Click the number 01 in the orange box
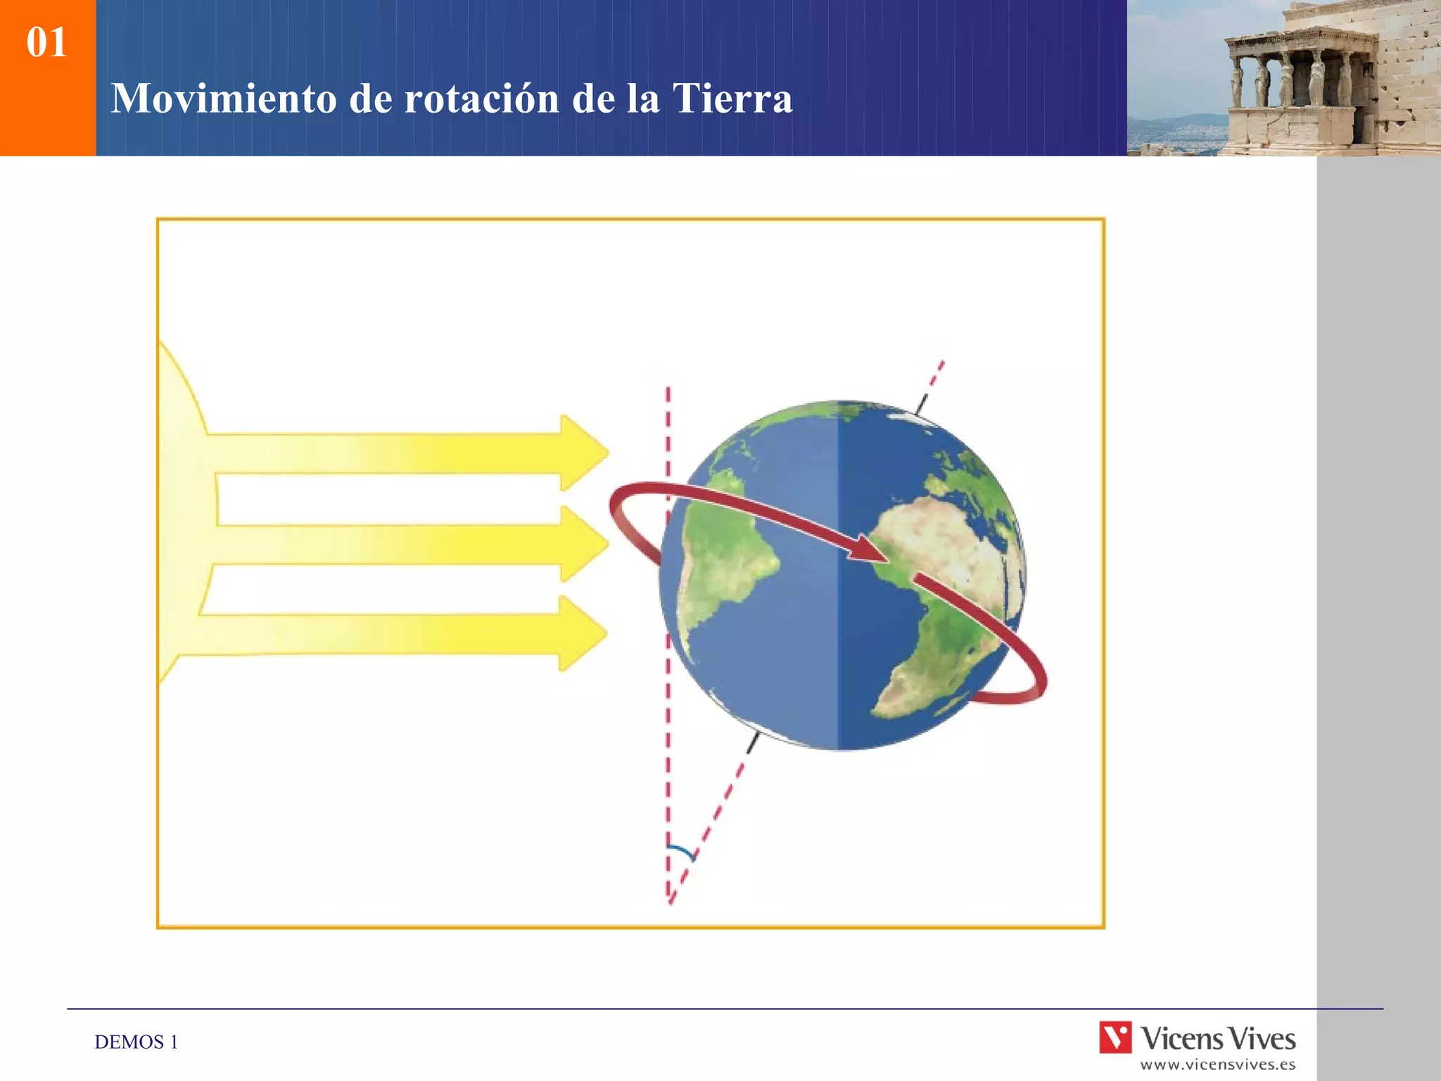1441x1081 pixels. (x=46, y=42)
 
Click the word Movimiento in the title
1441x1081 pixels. (x=224, y=98)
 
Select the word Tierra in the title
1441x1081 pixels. (x=732, y=98)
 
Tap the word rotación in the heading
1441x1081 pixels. (x=481, y=98)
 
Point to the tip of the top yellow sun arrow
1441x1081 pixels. (x=607, y=452)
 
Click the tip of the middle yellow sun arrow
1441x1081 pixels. (x=607, y=543)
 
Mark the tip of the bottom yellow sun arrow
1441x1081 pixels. (x=605, y=633)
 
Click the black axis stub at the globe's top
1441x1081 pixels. (x=922, y=403)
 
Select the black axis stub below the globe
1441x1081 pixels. (x=753, y=742)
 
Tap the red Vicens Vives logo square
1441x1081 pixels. (x=1115, y=1037)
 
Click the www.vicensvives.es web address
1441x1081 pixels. (x=1217, y=1065)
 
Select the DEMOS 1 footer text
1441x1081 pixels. (x=136, y=1042)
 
